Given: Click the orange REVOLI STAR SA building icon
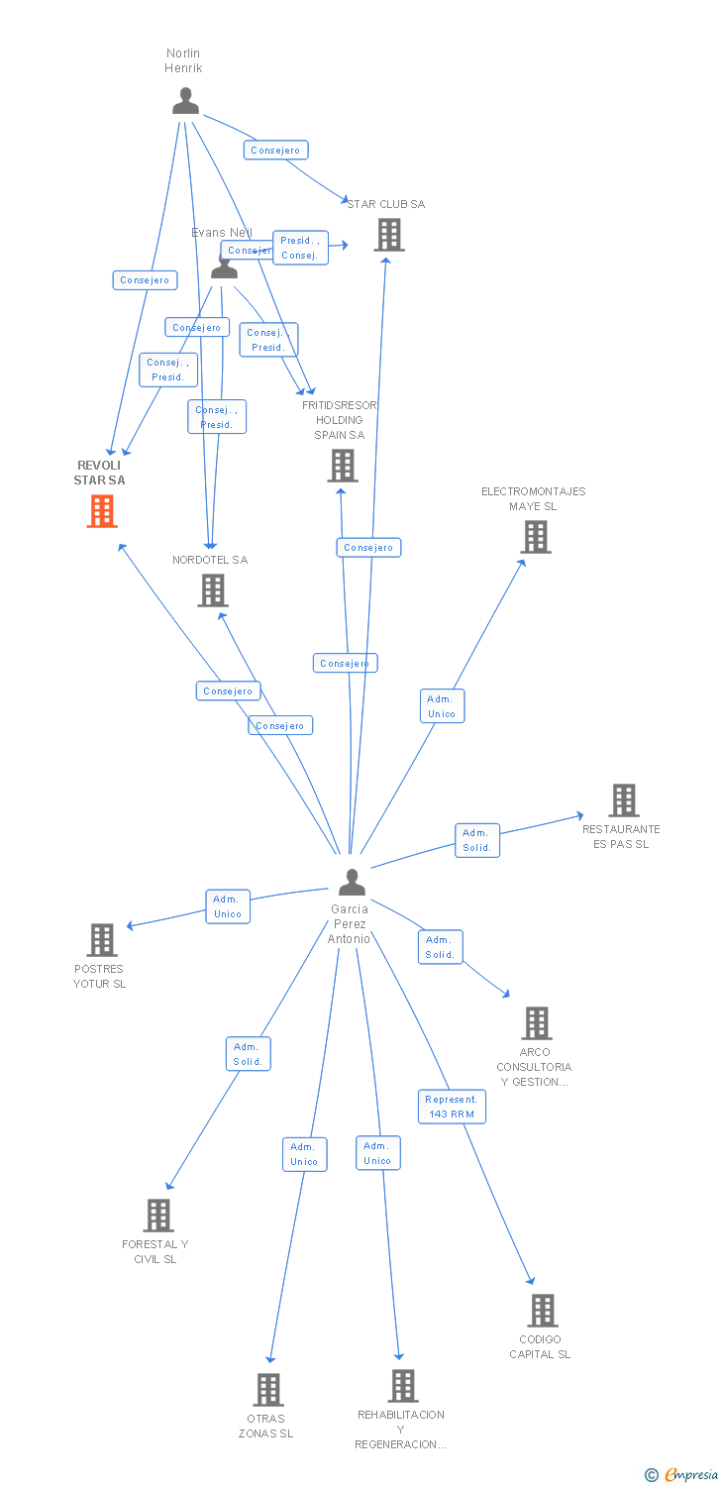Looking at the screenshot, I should click(x=102, y=511).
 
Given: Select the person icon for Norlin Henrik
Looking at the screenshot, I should click(x=185, y=101).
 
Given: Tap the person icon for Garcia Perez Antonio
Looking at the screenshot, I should click(x=352, y=882).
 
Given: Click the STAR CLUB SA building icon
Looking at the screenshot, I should click(x=389, y=235).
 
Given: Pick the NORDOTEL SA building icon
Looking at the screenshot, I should click(x=213, y=590).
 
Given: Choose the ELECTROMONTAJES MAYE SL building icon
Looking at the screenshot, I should click(x=536, y=537).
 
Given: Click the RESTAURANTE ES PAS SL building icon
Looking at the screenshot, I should click(x=623, y=799).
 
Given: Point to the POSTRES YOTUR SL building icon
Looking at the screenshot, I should click(x=102, y=939).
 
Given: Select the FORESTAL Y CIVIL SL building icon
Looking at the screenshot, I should click(x=158, y=1215).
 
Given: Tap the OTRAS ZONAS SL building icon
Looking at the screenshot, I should click(x=268, y=1389).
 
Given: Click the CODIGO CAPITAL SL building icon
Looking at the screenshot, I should click(x=542, y=1310).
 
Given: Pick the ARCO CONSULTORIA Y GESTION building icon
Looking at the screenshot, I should click(x=536, y=1022).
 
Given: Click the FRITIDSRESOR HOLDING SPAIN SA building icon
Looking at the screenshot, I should click(x=343, y=465).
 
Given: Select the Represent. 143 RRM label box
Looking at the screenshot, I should click(x=452, y=1107).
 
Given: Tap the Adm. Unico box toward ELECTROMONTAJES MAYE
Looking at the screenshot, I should click(x=442, y=706).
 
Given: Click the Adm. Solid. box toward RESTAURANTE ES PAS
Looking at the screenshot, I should click(x=477, y=840).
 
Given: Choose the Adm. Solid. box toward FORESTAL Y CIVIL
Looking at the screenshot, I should click(x=248, y=1054).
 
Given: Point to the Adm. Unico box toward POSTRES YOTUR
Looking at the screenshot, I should click(x=228, y=906).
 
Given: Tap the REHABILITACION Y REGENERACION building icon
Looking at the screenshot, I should click(x=402, y=1385).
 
